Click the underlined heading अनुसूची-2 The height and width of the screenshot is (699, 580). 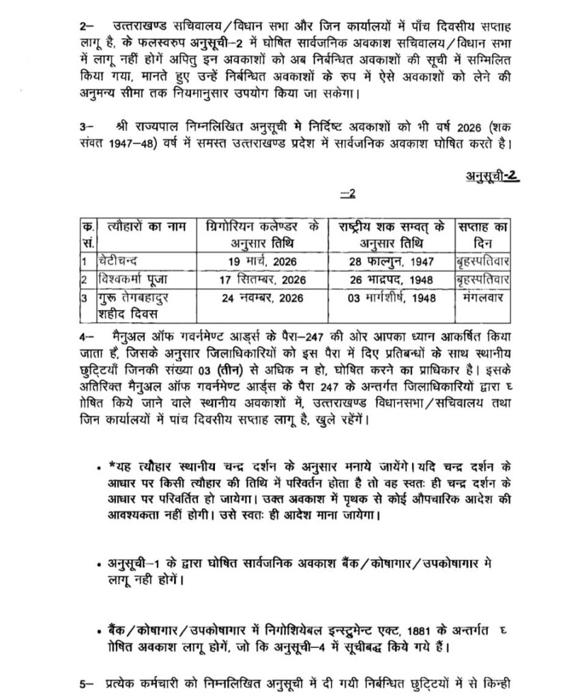click(x=493, y=174)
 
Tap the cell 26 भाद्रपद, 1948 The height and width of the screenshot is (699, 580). click(x=391, y=279)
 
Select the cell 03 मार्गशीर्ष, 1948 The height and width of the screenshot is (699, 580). click(x=391, y=297)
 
